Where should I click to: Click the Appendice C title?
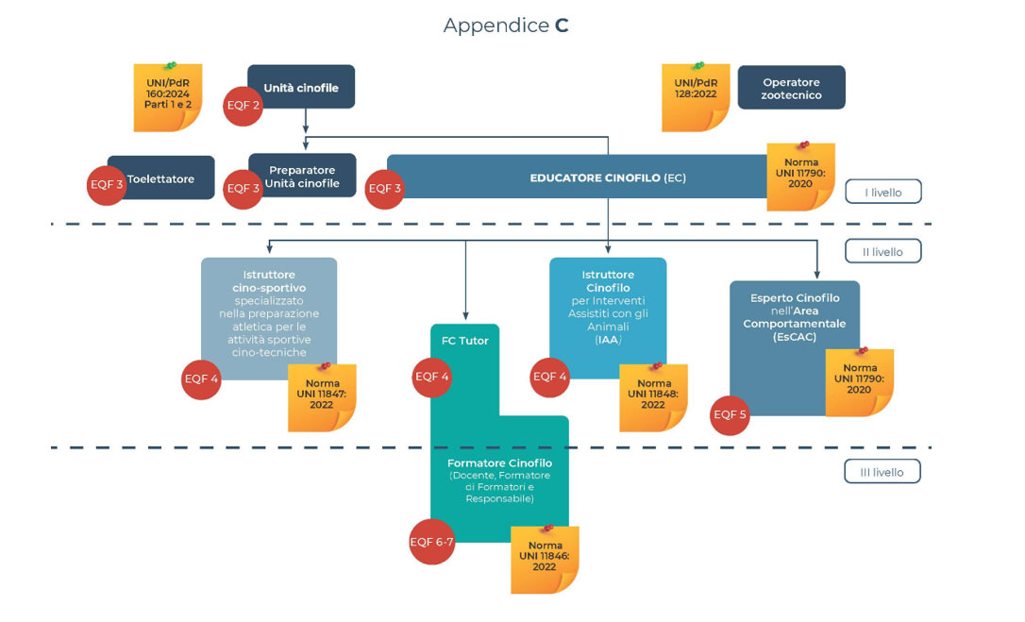pos(506,25)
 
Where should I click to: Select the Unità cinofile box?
pos(301,88)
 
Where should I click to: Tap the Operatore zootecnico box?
pos(791,88)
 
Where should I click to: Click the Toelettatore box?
pos(161,178)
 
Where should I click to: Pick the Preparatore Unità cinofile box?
pos(302,177)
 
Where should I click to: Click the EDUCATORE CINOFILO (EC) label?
pos(607,177)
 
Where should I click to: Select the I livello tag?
pos(882,193)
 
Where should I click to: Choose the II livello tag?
pos(882,251)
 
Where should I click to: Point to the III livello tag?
pos(882,471)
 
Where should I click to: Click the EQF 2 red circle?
pos(244,106)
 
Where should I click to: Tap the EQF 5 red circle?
pos(730,414)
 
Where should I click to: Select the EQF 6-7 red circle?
pos(431,542)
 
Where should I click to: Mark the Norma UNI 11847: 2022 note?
pos(322,397)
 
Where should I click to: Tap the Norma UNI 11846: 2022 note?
pos(545,560)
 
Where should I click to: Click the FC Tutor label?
pos(464,340)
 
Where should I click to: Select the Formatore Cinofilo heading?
pos(499,463)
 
